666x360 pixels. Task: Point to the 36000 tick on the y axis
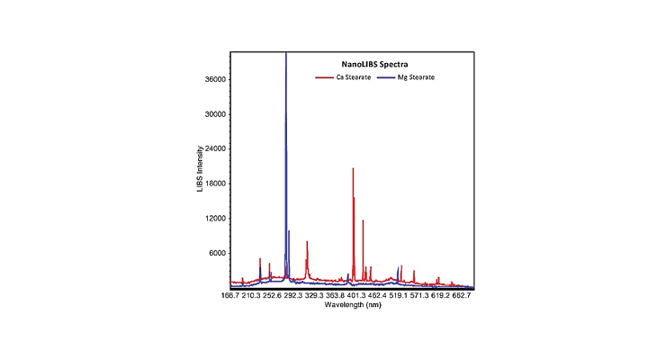pyautogui.click(x=213, y=80)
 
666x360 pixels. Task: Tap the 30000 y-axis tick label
pyautogui.click(x=213, y=114)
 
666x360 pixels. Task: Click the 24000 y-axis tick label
pyautogui.click(x=213, y=149)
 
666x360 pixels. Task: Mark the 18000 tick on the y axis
pyautogui.click(x=213, y=184)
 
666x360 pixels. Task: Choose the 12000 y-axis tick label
pyautogui.click(x=213, y=219)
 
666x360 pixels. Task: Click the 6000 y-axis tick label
pyautogui.click(x=216, y=253)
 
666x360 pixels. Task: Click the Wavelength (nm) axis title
pyautogui.click(x=353, y=304)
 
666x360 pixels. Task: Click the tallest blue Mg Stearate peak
pyautogui.click(x=286, y=56)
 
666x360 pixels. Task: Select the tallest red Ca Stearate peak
pyautogui.click(x=353, y=169)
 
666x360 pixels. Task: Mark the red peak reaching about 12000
pyautogui.click(x=363, y=221)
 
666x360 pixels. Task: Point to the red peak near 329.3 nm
pyautogui.click(x=307, y=243)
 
